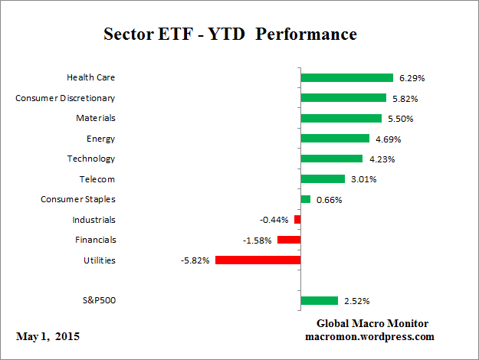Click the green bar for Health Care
346,77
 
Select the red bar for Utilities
258,260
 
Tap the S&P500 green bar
319,300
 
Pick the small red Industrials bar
297,220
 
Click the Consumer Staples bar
305,199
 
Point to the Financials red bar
289,240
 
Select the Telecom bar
323,179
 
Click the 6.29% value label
412,78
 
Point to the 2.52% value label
356,301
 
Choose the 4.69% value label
388,139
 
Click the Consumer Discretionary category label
65,98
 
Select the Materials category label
95,118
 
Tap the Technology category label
90,159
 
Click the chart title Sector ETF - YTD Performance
230,34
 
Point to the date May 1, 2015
48,336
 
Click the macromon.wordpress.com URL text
369,336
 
